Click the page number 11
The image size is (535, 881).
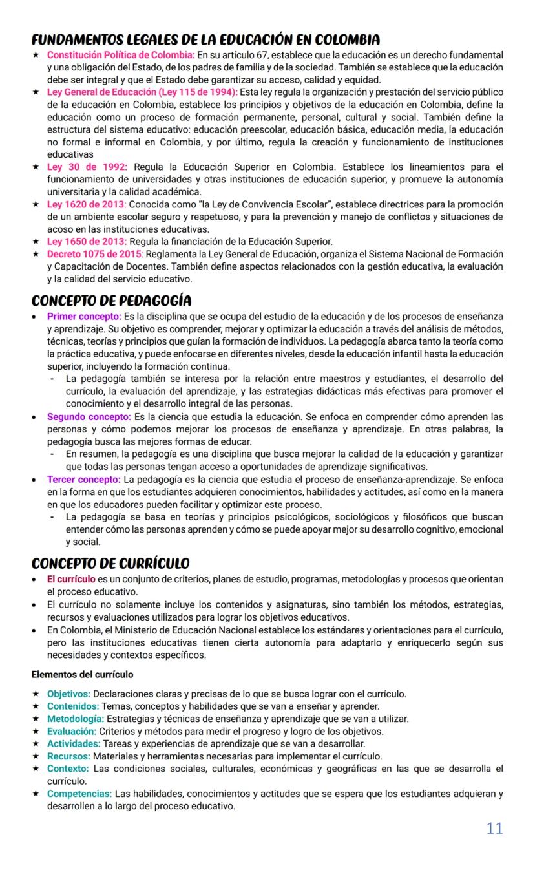(x=494, y=829)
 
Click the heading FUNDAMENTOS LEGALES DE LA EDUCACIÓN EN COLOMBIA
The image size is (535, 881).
(x=205, y=39)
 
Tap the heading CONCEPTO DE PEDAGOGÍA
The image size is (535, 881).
(x=111, y=301)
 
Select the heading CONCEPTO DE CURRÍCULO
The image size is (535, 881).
(x=110, y=563)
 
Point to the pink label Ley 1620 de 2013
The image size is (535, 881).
(x=86, y=204)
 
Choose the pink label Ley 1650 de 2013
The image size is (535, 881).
(x=87, y=242)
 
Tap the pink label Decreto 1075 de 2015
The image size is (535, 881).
(x=94, y=254)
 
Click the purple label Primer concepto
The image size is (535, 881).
(x=84, y=316)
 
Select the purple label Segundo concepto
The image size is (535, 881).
(x=89, y=416)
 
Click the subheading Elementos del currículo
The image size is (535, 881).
(x=83, y=674)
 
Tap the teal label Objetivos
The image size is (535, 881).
(x=68, y=694)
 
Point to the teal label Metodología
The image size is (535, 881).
(x=75, y=719)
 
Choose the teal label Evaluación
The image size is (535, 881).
(x=71, y=731)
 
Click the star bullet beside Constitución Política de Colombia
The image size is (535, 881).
(x=36, y=56)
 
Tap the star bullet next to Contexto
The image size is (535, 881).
(x=36, y=769)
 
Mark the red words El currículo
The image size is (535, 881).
(x=71, y=578)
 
